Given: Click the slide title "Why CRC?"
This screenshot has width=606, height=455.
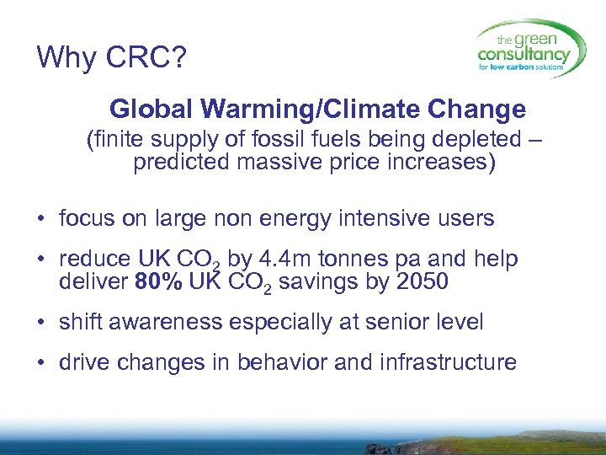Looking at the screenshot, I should click(112, 57).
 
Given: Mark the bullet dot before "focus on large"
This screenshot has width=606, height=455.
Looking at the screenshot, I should click(41, 221).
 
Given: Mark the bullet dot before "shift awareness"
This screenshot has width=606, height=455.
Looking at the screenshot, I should click(41, 324).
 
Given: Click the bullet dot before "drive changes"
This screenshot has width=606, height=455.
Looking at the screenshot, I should click(41, 364).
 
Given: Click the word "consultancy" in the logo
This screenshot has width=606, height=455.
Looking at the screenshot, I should click(524, 55).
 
